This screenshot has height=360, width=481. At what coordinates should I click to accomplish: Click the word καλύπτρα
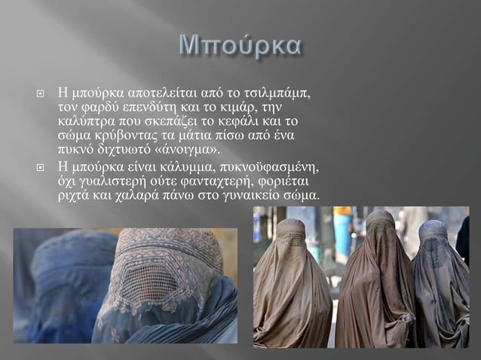pos(82,121)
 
